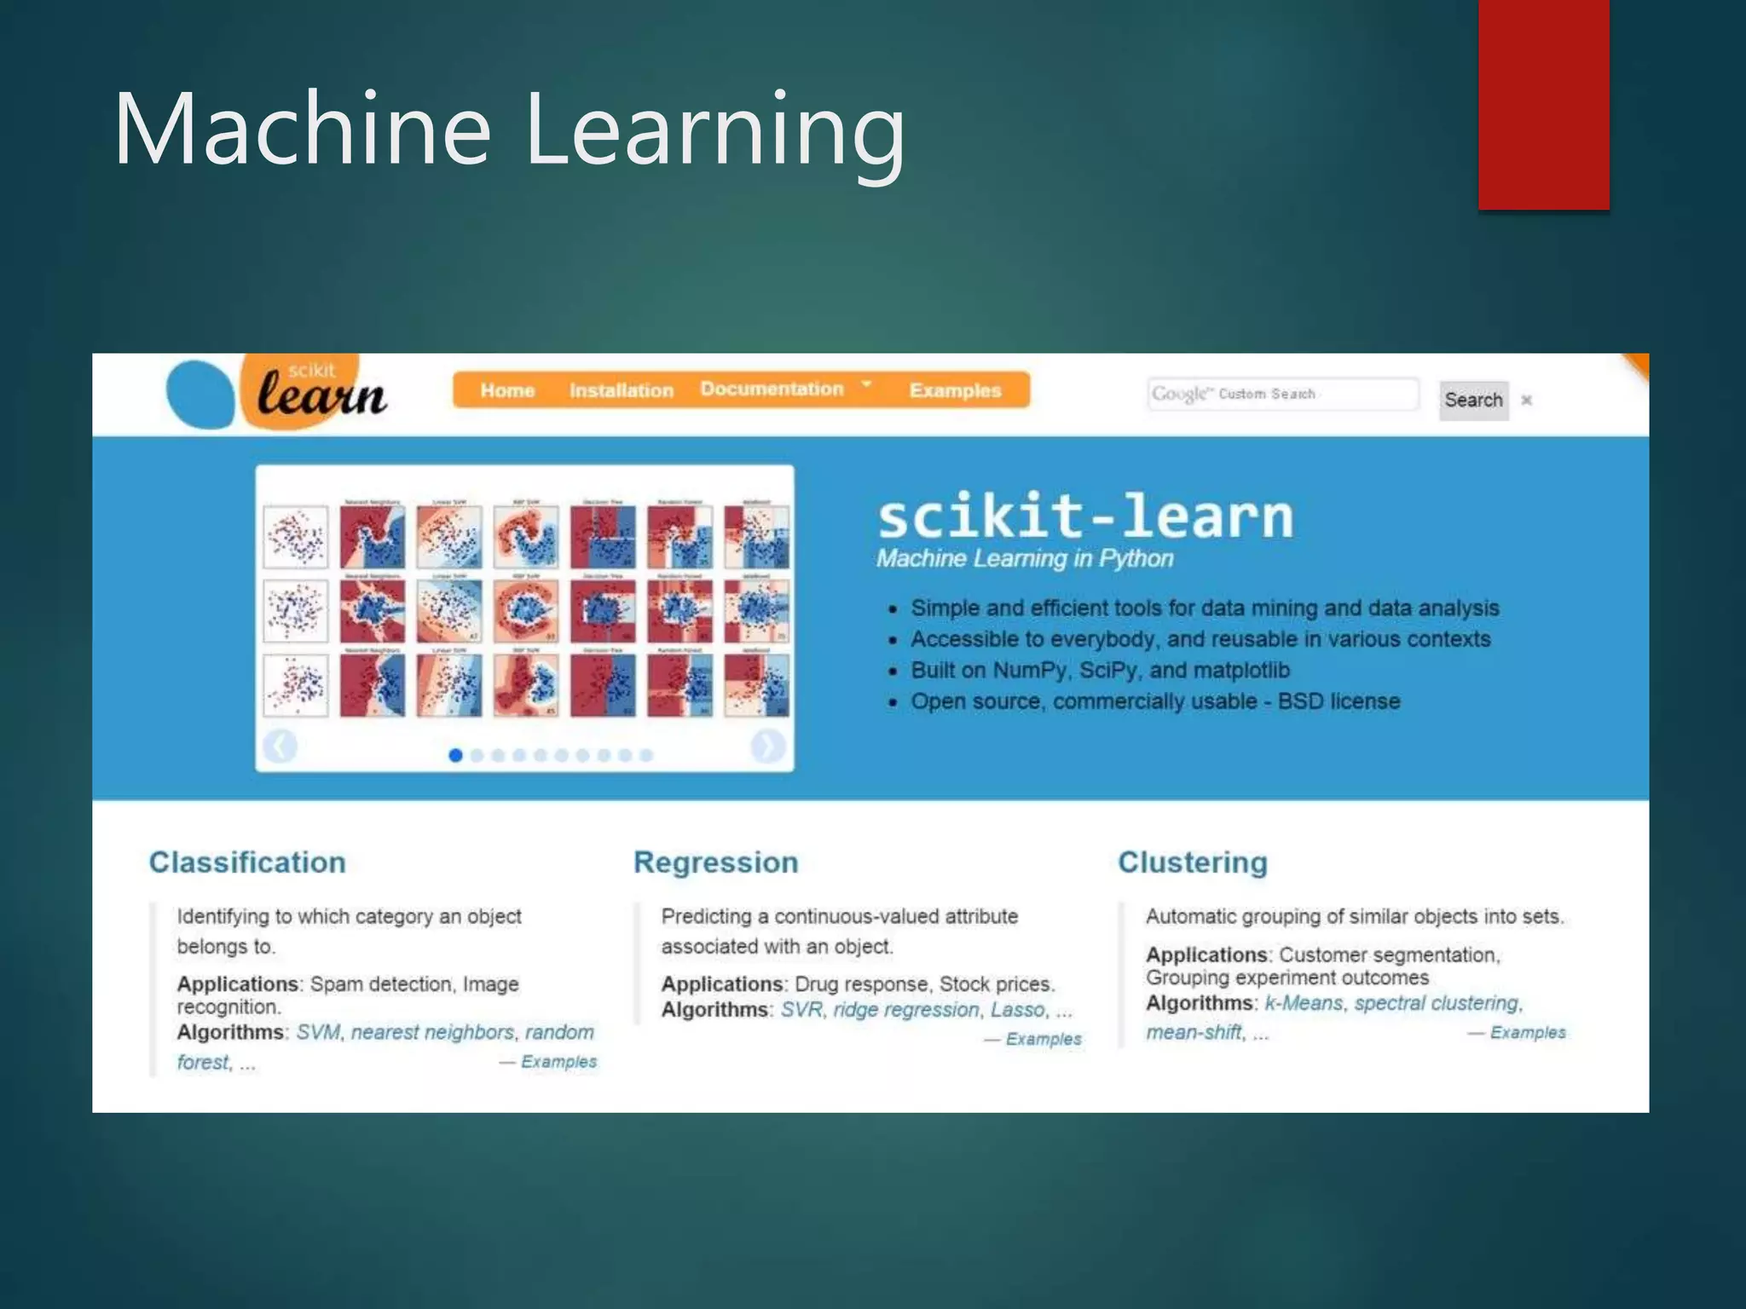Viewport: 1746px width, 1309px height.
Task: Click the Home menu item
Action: [507, 390]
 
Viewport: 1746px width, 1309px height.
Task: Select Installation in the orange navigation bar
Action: [622, 390]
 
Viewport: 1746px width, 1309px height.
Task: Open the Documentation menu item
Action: [772, 389]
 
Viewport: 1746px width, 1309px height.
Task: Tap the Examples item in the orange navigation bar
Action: [955, 390]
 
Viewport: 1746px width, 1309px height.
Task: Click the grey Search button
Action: [1473, 400]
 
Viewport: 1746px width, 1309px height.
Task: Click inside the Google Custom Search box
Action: [1282, 394]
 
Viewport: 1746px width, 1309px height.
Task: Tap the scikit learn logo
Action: [277, 393]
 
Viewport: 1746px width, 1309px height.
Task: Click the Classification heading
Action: [247, 862]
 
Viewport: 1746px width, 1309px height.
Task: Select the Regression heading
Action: [716, 862]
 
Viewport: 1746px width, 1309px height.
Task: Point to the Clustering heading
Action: [1193, 862]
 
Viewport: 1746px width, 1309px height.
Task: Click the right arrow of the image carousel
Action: [767, 746]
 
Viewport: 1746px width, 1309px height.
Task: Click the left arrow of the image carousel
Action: [280, 746]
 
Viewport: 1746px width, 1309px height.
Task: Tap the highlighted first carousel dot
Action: [455, 755]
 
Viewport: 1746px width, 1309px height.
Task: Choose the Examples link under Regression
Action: [1043, 1039]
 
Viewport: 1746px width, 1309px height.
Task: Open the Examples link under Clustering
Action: [1527, 1032]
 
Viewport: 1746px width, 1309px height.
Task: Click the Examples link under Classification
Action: [558, 1062]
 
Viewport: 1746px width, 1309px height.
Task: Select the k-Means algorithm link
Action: [1304, 1003]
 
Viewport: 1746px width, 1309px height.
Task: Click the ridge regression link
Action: [906, 1010]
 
